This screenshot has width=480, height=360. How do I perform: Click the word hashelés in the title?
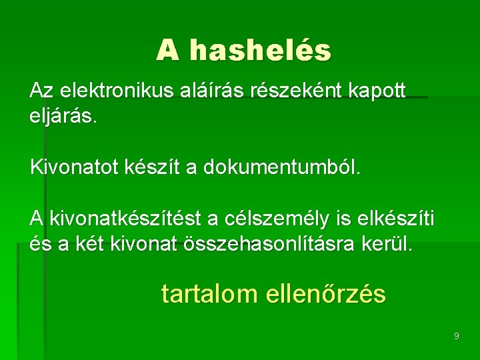pyautogui.click(x=260, y=51)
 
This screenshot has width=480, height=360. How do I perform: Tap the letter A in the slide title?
pyautogui.click(x=168, y=51)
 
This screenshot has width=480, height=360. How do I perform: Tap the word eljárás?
pyautogui.click(x=64, y=117)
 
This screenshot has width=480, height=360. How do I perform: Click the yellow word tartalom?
pyautogui.click(x=208, y=294)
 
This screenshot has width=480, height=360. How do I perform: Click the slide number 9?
pyautogui.click(x=456, y=336)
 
